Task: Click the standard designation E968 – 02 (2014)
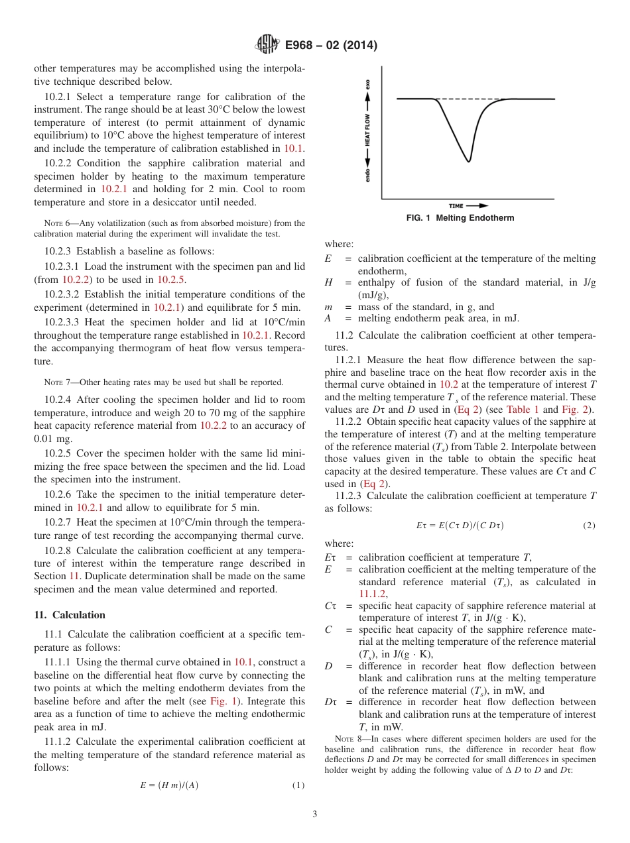pyautogui.click(x=331, y=46)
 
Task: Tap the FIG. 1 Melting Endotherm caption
pyautogui.click(x=460, y=218)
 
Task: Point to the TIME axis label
pyautogui.click(x=456, y=206)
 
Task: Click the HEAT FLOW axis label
pyautogui.click(x=368, y=131)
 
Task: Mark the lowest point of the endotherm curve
pyautogui.click(x=469, y=161)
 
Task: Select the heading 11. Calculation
pyautogui.click(x=70, y=615)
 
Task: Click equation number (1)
pyautogui.click(x=298, y=785)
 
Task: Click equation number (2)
pyautogui.click(x=589, y=526)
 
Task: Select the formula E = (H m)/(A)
pyautogui.click(x=168, y=785)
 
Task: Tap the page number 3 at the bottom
pyautogui.click(x=315, y=815)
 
